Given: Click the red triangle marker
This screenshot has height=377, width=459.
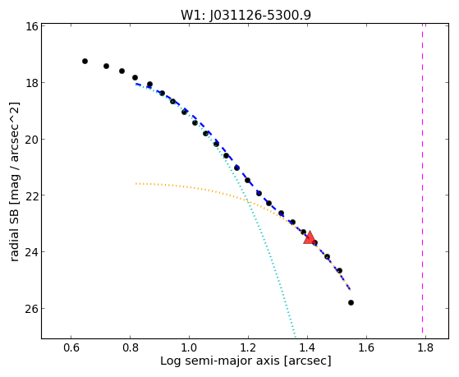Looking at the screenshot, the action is [309, 237].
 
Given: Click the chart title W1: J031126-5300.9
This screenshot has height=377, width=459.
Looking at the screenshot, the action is [246, 16].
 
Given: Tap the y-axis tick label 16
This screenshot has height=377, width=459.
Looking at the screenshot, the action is [31, 26].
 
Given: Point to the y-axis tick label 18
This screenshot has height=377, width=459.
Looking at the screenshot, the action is [31, 83].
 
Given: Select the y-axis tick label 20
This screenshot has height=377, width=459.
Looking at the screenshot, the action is [31, 139].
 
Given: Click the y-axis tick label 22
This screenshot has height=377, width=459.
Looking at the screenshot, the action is [31, 195].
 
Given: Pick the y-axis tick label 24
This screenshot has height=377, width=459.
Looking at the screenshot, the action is [31, 252].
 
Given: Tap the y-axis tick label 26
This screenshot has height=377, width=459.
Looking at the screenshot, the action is [31, 309].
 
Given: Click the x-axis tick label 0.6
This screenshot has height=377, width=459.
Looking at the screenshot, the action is [71, 347].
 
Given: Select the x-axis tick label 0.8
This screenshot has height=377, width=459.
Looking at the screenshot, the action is [131, 347].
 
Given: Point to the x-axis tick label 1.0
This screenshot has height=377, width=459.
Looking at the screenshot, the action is [189, 347].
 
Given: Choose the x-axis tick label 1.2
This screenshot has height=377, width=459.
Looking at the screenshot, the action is [248, 347].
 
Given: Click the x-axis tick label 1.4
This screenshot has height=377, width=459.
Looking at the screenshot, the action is [307, 347].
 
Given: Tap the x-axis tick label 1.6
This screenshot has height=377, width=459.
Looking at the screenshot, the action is [366, 347].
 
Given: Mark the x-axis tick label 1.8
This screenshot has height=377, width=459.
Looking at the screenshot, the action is [425, 347].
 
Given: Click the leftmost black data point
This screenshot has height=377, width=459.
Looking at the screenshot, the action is [85, 62].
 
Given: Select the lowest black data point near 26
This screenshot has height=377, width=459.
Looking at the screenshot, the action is [351, 302].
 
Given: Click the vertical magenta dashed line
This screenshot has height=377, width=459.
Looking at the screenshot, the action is [422, 178].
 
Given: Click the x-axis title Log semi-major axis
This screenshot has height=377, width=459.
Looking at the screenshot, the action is [220, 361].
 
